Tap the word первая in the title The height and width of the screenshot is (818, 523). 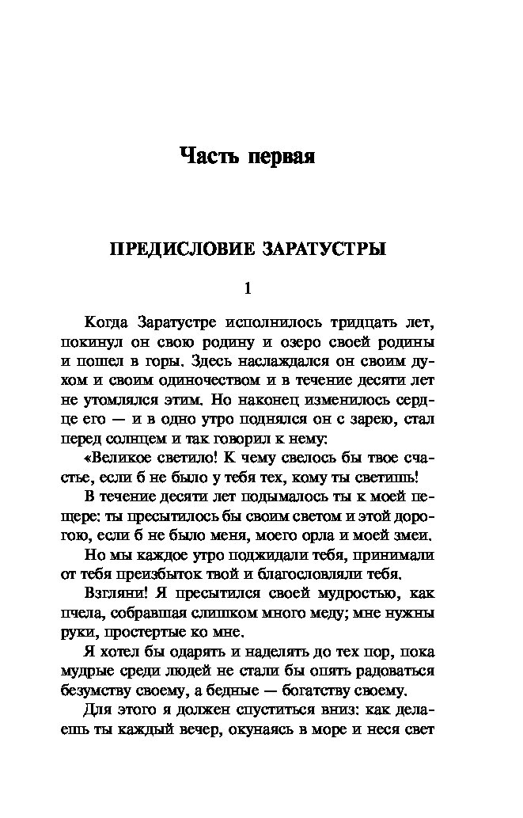click(282, 156)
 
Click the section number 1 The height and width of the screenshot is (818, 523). click(248, 289)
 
